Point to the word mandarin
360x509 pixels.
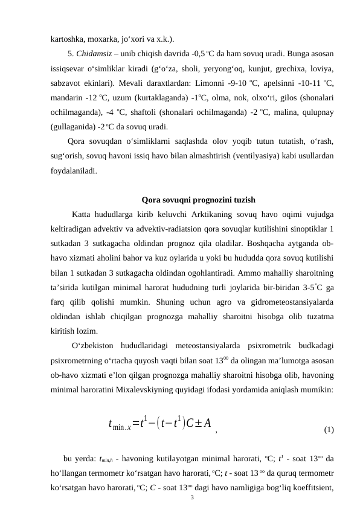(x=67, y=97)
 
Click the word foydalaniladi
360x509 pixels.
(x=73, y=171)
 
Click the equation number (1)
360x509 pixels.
(x=329, y=430)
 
